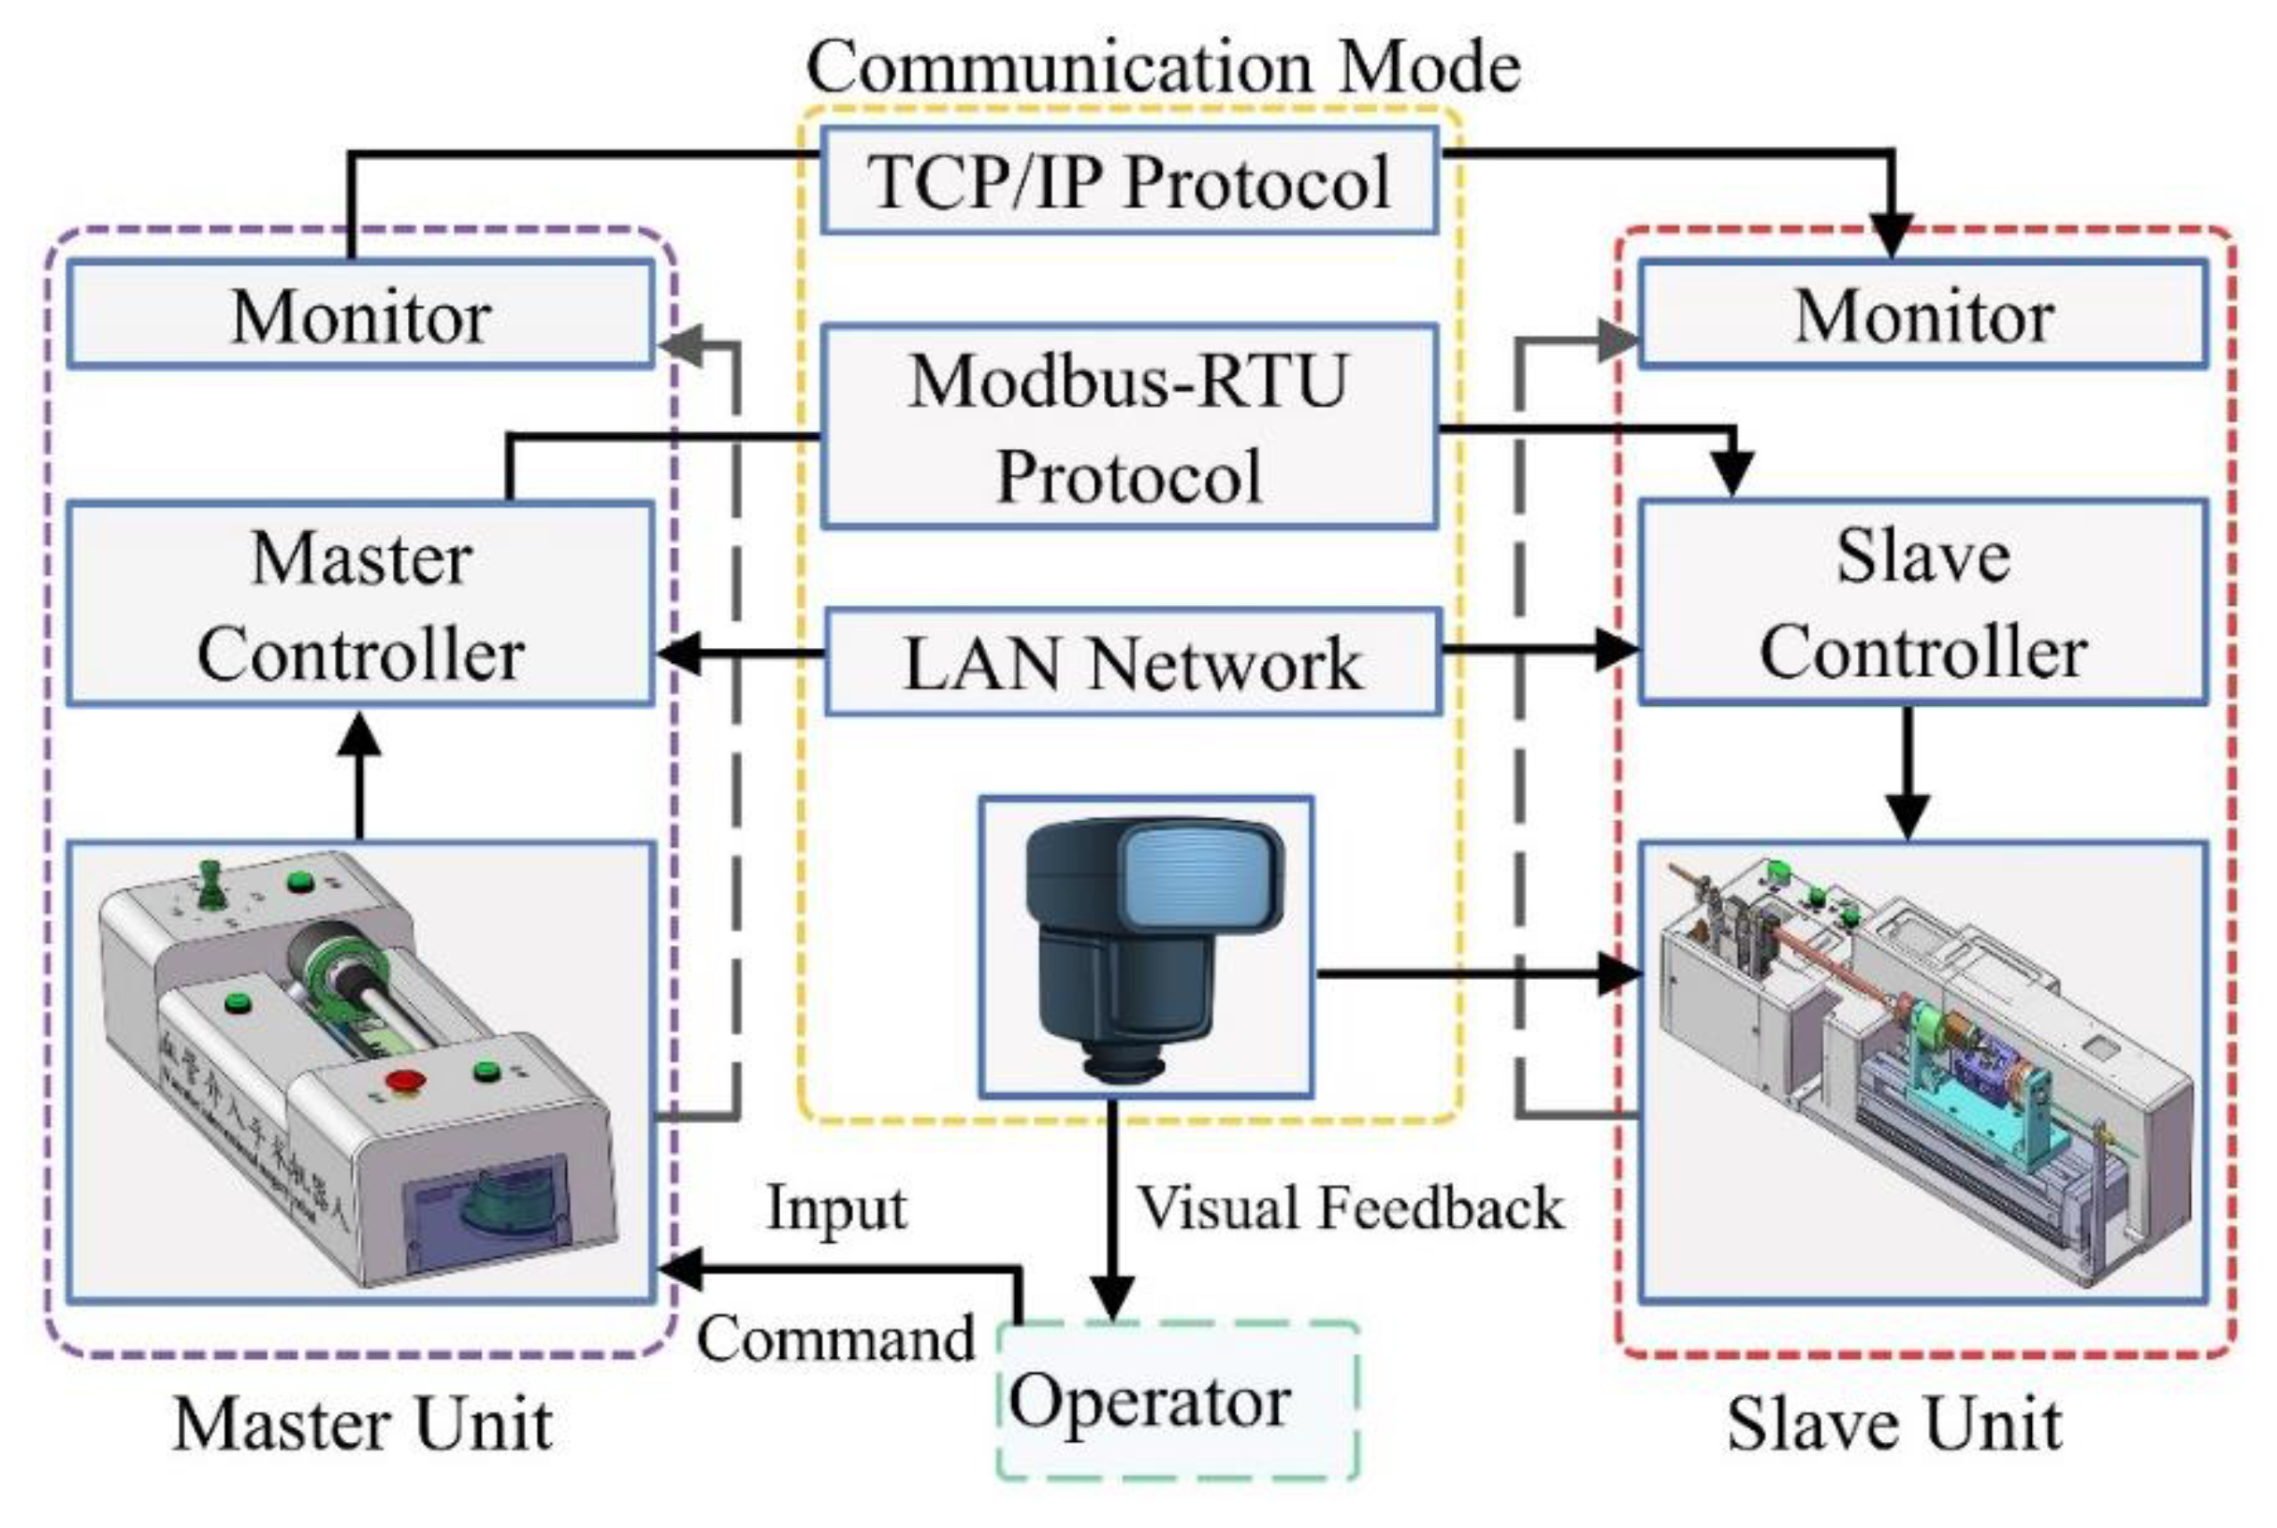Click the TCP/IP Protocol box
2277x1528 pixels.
1129,180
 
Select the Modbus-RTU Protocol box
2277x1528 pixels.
1129,426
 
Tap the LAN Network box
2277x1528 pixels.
1133,663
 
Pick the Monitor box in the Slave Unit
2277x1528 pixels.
1922,315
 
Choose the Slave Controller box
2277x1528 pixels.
1922,601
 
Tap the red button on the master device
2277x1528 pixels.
404,1081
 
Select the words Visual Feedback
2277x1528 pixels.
1350,1208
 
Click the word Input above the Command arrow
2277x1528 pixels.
836,1208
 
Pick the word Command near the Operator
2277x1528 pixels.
836,1339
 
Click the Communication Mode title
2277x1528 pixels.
1163,66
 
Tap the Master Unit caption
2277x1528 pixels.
362,1425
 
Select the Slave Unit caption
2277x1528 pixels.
1894,1425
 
